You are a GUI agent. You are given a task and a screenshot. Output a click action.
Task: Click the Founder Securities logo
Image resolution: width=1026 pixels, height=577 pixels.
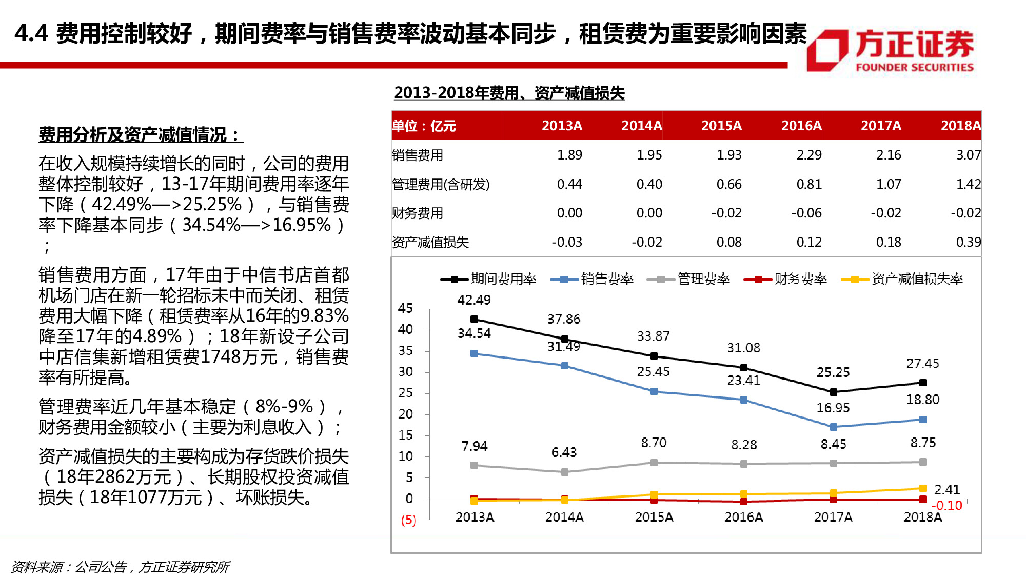(890, 50)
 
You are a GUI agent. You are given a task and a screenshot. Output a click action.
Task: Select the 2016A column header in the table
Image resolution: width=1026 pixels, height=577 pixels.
(801, 126)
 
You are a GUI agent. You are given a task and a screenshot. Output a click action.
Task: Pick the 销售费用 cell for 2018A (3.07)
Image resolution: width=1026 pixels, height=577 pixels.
(968, 155)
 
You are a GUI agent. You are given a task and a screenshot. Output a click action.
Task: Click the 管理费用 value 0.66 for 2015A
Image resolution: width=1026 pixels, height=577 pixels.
(728, 184)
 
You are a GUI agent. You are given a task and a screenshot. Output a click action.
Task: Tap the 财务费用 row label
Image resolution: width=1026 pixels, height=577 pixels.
(417, 213)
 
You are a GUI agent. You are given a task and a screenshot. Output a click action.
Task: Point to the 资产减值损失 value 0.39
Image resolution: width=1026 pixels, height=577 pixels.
(968, 242)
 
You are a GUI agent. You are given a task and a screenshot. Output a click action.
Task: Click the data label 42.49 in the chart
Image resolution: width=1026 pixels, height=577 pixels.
(473, 300)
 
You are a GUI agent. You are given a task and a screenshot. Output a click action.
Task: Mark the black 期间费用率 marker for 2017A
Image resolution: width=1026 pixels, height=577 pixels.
(833, 392)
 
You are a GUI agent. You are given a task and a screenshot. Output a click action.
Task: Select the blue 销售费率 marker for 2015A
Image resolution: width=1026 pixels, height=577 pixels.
(654, 391)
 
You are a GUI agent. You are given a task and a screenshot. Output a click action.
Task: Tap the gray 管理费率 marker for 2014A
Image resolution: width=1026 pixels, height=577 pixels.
(564, 472)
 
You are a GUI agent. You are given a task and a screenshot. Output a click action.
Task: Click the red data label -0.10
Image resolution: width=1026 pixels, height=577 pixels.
(946, 506)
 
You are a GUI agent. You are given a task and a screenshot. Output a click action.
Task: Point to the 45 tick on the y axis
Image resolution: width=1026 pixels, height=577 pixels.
(405, 308)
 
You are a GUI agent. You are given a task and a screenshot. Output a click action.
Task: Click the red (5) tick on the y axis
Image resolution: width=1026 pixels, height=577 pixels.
(408, 520)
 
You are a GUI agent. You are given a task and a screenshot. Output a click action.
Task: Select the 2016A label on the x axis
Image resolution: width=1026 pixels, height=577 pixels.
(743, 517)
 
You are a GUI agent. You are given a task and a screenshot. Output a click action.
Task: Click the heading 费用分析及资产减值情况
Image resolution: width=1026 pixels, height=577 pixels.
(140, 135)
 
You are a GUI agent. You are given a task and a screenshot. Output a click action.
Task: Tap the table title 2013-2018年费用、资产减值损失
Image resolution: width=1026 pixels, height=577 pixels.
(509, 93)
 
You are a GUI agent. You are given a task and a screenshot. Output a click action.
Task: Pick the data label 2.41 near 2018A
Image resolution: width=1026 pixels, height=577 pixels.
(946, 489)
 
